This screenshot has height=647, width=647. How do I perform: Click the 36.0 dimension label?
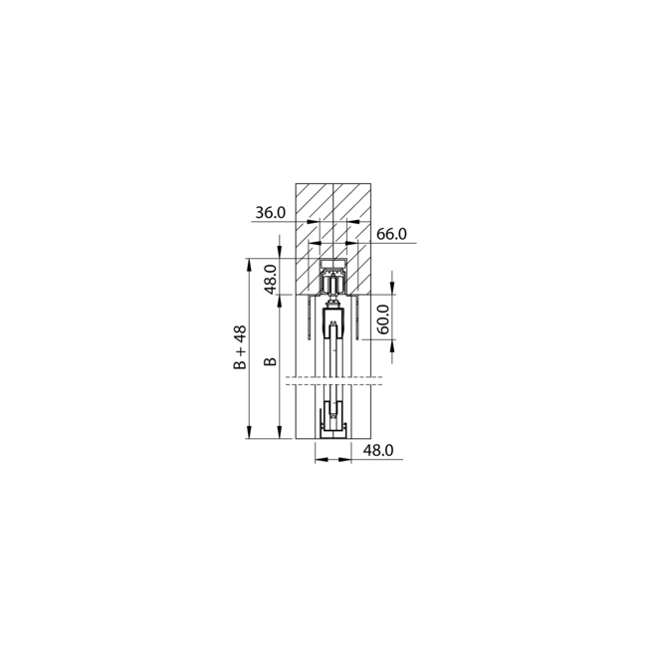(x=270, y=213)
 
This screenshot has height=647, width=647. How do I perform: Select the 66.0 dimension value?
(x=393, y=234)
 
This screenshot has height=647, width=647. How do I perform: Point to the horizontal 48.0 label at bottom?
(x=378, y=451)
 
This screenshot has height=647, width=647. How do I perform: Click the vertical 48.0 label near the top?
(x=270, y=277)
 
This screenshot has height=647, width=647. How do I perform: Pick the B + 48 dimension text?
(x=239, y=348)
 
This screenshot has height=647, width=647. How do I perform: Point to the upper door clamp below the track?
(x=333, y=323)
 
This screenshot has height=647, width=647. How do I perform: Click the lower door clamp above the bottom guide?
(x=333, y=411)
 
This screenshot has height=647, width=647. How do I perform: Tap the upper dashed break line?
(x=333, y=377)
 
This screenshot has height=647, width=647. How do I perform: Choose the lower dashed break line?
(x=333, y=385)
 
